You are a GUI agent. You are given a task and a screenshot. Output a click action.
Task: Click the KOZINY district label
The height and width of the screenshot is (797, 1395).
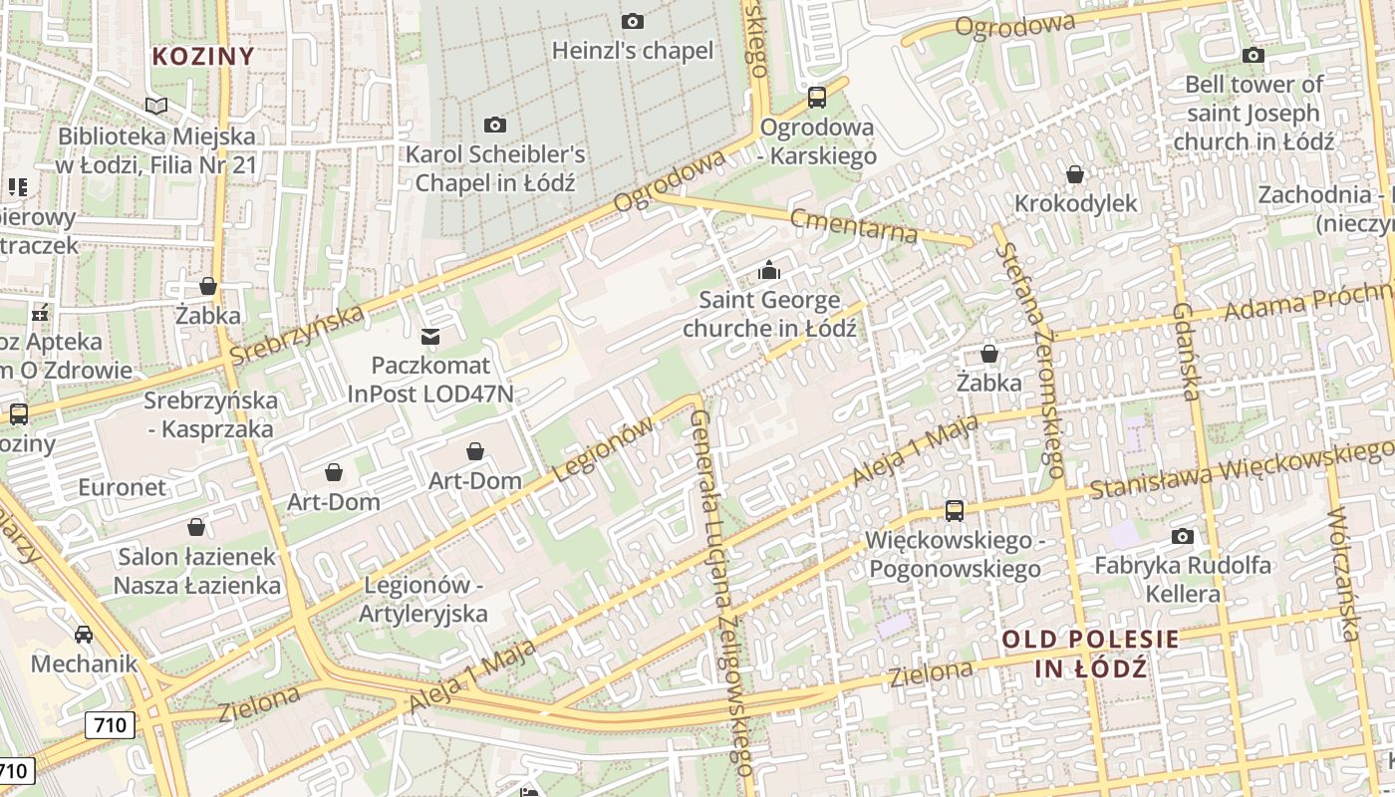203,56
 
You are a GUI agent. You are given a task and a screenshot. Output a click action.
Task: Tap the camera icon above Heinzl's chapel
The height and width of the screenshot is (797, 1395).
632,21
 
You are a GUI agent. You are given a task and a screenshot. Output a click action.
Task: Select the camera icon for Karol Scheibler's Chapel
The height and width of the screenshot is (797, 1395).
494,125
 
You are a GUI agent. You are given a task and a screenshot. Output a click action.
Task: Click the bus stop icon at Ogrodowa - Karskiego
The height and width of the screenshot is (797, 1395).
817,98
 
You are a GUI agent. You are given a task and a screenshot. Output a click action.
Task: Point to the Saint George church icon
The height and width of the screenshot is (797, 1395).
768,270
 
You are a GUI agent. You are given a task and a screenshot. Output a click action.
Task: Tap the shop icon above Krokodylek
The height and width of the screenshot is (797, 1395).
1075,174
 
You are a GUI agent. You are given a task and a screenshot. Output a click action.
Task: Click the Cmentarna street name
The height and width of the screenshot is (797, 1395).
853,225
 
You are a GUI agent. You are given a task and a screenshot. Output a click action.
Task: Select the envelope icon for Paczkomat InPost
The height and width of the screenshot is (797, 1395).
430,337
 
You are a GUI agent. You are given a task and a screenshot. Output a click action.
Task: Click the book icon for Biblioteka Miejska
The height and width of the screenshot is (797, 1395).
156,106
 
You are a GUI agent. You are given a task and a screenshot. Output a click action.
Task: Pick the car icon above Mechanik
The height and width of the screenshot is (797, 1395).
84,635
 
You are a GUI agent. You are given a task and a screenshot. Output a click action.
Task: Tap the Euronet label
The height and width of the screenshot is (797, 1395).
123,487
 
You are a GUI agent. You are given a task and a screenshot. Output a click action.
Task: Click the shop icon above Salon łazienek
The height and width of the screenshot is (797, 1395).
196,527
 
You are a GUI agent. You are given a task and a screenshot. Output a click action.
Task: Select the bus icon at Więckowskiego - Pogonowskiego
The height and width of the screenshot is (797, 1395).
955,511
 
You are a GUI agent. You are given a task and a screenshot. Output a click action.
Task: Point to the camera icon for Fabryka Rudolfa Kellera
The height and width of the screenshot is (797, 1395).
1183,537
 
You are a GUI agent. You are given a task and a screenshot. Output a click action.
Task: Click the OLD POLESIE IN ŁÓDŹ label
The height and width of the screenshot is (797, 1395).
1090,654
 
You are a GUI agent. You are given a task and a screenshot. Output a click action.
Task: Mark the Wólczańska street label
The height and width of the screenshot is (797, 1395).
1343,573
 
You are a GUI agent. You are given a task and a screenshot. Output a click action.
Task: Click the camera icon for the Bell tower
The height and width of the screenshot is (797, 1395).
1254,56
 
